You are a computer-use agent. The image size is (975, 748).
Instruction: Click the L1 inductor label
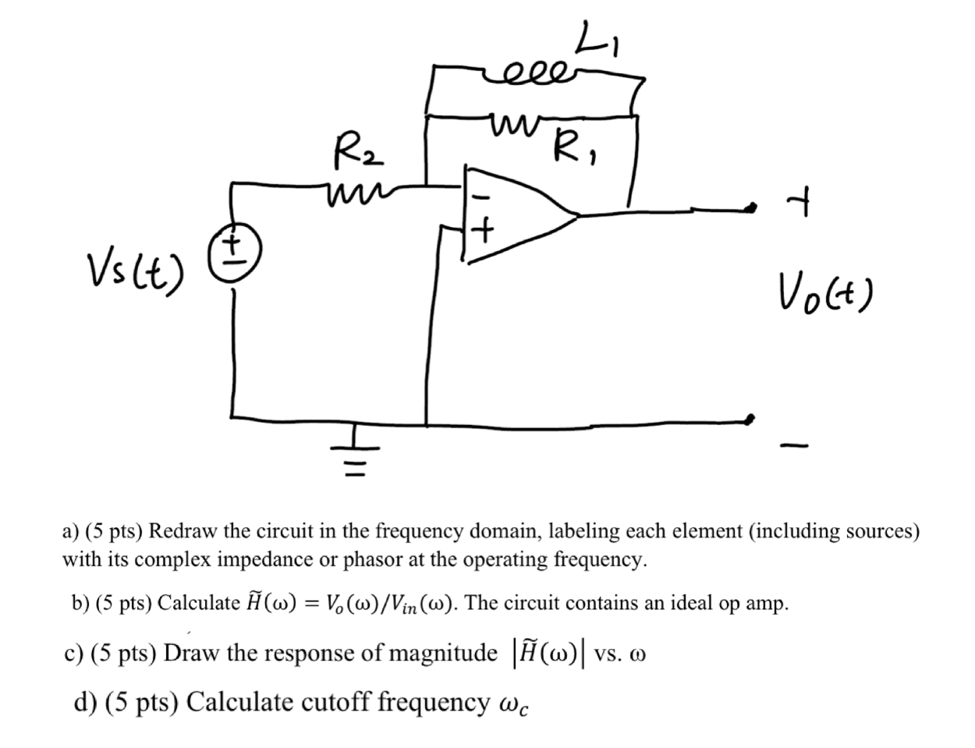[x=597, y=41]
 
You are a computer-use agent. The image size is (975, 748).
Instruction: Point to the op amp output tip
[x=577, y=214]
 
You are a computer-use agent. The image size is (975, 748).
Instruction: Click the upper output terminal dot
[x=750, y=207]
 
